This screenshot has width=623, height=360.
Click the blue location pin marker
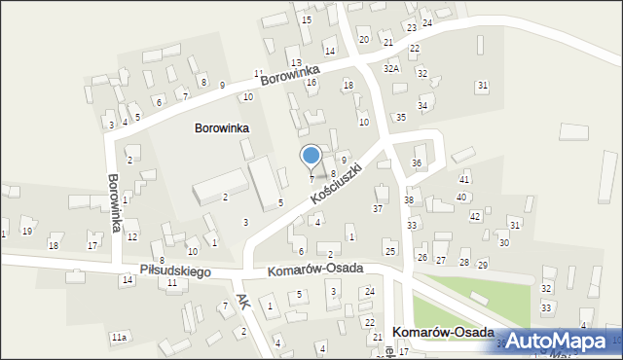click(311, 156)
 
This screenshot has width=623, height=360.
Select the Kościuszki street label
click(338, 182)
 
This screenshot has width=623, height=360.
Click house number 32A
click(391, 69)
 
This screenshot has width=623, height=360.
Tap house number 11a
click(118, 337)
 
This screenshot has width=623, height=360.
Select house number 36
click(417, 162)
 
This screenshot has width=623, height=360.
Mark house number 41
click(464, 179)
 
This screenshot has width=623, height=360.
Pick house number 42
click(475, 215)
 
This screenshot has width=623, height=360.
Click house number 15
click(307, 19)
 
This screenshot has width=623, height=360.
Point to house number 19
click(27, 231)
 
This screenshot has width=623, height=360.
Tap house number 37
click(378, 208)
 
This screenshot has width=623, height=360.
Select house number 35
click(400, 117)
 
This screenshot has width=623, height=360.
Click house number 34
click(422, 105)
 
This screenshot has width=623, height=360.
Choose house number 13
click(295, 62)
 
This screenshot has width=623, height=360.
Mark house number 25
click(390, 252)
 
